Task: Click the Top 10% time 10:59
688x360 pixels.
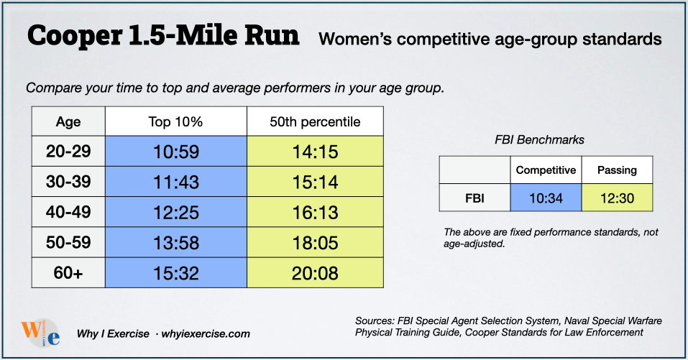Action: click(175, 152)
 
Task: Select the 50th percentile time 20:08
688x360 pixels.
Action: click(314, 273)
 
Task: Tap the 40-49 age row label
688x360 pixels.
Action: click(68, 213)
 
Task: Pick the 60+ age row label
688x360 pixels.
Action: click(68, 273)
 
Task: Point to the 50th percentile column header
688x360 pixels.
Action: click(315, 121)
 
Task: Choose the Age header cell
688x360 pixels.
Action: click(68, 121)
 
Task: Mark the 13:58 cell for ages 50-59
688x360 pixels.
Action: click(175, 243)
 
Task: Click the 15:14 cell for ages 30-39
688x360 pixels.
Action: click(314, 183)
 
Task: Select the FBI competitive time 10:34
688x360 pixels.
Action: click(546, 198)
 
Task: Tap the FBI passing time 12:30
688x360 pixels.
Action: click(617, 198)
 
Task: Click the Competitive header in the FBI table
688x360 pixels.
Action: click(546, 170)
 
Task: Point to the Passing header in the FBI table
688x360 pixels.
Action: click(617, 170)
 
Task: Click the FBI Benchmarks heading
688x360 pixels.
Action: click(546, 139)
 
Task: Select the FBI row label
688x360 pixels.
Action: click(474, 198)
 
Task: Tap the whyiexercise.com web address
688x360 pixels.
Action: click(207, 333)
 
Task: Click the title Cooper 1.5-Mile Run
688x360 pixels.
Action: click(162, 36)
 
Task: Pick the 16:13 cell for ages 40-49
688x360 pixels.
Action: click(314, 213)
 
